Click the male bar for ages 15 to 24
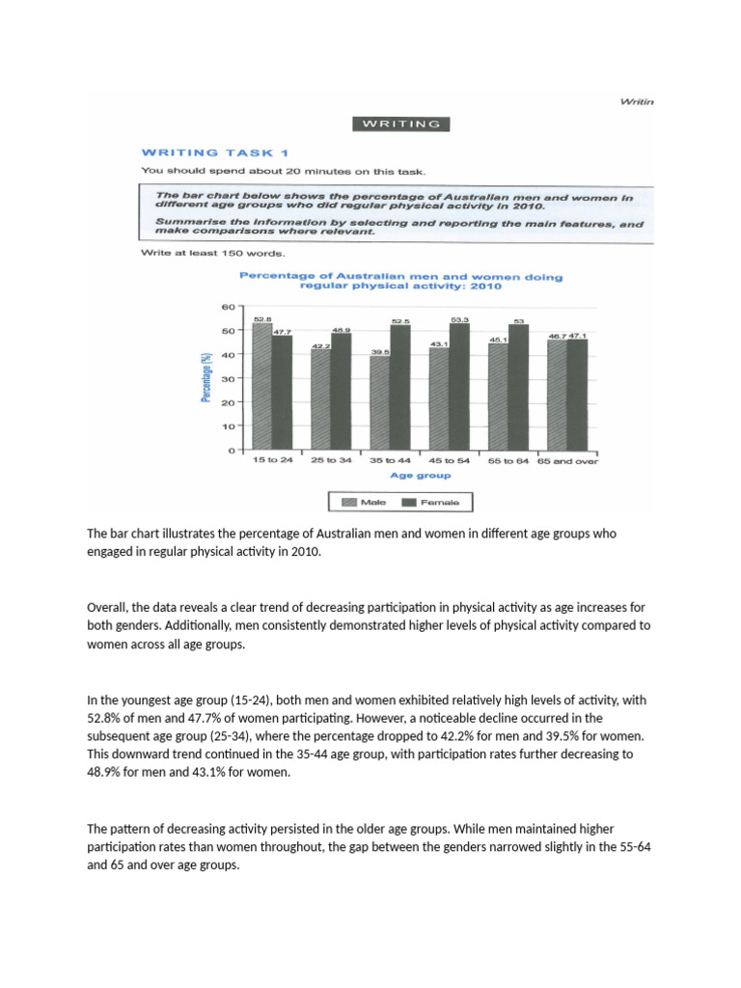(x=261, y=387)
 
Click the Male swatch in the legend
(x=344, y=502)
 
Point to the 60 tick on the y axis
(x=229, y=307)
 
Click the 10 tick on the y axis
(x=229, y=426)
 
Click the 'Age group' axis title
(x=420, y=476)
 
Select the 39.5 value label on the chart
(x=380, y=353)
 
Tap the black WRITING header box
(x=401, y=123)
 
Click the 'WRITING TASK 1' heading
(x=213, y=151)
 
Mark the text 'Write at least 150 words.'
(x=212, y=254)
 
